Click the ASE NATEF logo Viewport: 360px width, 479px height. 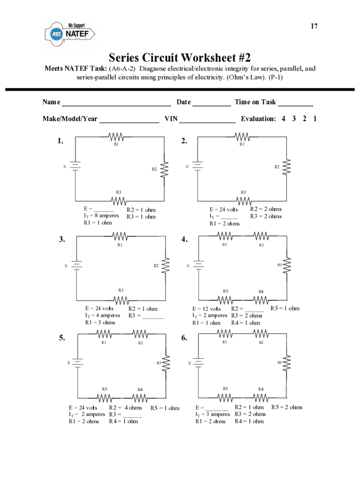click(70, 35)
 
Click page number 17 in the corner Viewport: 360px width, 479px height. click(314, 26)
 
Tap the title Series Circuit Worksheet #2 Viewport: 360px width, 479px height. click(180, 58)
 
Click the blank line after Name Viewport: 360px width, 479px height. click(116, 105)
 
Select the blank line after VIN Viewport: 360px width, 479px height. click(207, 122)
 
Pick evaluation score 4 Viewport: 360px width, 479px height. click(283, 118)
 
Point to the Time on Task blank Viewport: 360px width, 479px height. click(295, 105)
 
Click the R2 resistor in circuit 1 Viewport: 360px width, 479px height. click(164, 169)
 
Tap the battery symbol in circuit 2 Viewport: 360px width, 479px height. click(198, 166)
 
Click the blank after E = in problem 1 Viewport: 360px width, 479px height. click(104, 211)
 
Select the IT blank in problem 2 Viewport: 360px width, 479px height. click(229, 218)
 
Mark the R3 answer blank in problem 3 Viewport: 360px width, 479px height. click(153, 318)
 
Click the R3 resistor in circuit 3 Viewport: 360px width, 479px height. click(121, 301)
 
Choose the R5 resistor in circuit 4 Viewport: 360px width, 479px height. click(225, 300)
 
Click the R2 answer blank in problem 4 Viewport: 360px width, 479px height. click(254, 311)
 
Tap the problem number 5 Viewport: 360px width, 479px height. click(62, 338)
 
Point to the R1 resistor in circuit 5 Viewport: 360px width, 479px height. click(104, 334)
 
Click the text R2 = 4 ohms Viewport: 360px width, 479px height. click(125, 408)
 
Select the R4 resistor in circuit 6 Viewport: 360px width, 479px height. click(261, 398)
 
